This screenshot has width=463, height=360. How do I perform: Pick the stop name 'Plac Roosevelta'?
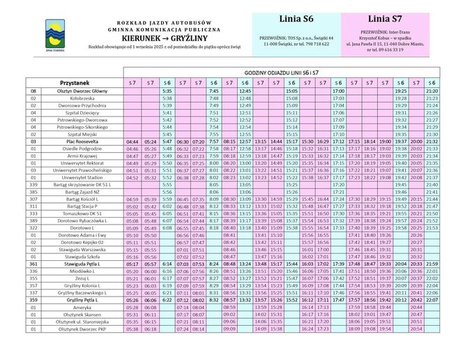pos(82,142)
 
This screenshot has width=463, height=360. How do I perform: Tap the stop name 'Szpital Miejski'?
pos(82,134)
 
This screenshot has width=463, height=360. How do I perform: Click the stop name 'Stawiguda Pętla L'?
pos(82,264)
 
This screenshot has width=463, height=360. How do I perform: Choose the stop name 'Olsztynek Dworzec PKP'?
pos(82,329)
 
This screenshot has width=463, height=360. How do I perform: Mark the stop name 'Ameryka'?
pos(82,307)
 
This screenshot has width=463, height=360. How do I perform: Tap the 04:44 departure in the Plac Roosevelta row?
pos(132,142)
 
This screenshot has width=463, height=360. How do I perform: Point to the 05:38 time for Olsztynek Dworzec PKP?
pos(132,329)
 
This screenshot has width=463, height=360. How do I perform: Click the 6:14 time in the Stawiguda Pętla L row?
pos(167,264)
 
